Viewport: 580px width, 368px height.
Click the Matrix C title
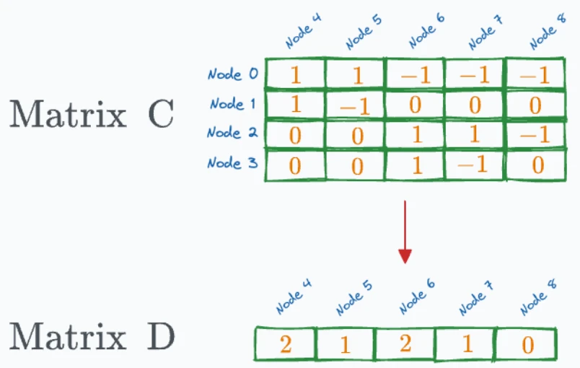[92, 114]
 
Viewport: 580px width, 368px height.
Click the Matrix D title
[92, 336]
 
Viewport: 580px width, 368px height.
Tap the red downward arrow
[405, 232]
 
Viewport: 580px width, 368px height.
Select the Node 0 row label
[233, 74]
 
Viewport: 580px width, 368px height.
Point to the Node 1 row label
[233, 104]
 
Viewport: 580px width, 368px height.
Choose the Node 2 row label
[232, 132]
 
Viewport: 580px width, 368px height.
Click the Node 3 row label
[232, 163]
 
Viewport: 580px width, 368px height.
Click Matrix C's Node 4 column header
[303, 32]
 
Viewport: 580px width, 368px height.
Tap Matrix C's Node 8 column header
[548, 32]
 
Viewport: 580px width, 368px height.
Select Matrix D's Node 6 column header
[417, 297]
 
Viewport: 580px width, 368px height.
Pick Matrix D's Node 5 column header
[354, 297]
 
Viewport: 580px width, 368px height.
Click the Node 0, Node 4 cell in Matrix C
[295, 74]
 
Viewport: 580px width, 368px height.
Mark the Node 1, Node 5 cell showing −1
[355, 105]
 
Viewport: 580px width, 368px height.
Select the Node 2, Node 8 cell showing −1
[535, 134]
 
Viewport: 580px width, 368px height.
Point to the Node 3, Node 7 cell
[475, 165]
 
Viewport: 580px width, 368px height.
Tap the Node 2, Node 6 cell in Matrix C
[415, 134]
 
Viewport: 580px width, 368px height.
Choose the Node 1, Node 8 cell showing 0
[535, 105]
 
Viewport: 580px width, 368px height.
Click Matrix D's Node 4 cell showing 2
[285, 343]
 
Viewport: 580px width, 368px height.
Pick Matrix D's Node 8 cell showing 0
[527, 344]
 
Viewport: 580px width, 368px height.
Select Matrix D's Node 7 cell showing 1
[467, 344]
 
